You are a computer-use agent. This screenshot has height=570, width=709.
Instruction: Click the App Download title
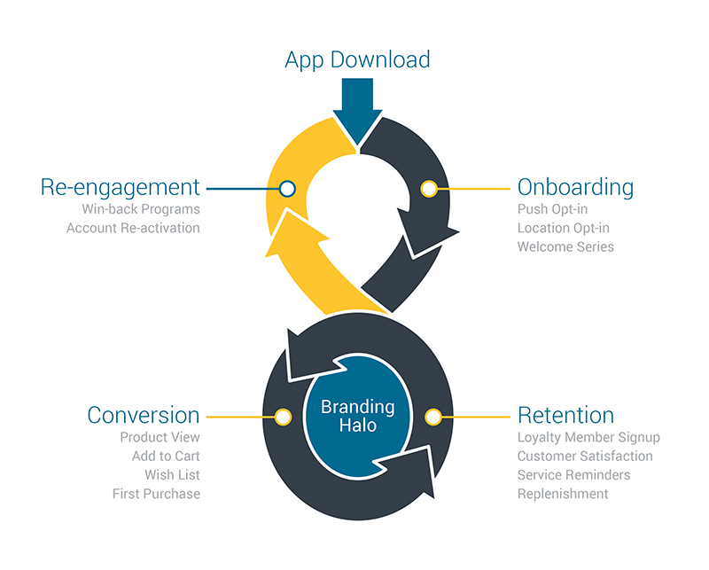pyautogui.click(x=357, y=59)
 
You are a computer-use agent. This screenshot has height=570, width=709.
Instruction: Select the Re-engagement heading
pyautogui.click(x=121, y=187)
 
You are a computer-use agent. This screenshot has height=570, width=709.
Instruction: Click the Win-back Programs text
pyautogui.click(x=141, y=209)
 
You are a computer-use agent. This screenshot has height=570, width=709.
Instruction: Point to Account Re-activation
pyautogui.click(x=133, y=228)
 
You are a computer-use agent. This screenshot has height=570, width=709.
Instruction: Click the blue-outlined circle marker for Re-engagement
pyautogui.click(x=286, y=188)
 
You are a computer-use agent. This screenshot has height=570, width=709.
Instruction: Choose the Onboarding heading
pyautogui.click(x=575, y=187)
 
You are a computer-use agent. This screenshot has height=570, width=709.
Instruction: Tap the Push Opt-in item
pyautogui.click(x=552, y=209)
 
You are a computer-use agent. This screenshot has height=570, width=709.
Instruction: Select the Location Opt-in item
pyautogui.click(x=563, y=228)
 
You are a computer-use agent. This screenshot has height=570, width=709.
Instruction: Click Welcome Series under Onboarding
pyautogui.click(x=565, y=246)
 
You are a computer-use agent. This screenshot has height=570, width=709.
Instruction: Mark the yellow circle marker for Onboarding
pyautogui.click(x=429, y=188)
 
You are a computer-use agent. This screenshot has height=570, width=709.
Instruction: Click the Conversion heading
pyautogui.click(x=144, y=415)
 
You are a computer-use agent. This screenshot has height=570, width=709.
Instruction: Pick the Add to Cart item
pyautogui.click(x=166, y=456)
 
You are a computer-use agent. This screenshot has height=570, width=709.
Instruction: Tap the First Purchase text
pyautogui.click(x=156, y=493)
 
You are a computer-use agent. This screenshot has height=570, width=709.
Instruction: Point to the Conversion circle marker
pyautogui.click(x=283, y=416)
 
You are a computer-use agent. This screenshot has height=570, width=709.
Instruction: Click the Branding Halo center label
pyautogui.click(x=357, y=416)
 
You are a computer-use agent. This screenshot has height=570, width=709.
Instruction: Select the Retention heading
pyautogui.click(x=565, y=415)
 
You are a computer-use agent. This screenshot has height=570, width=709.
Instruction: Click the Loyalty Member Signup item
pyautogui.click(x=588, y=437)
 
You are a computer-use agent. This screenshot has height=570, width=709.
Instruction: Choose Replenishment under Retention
pyautogui.click(x=563, y=493)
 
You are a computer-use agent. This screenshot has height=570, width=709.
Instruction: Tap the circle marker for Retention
pyautogui.click(x=433, y=416)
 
